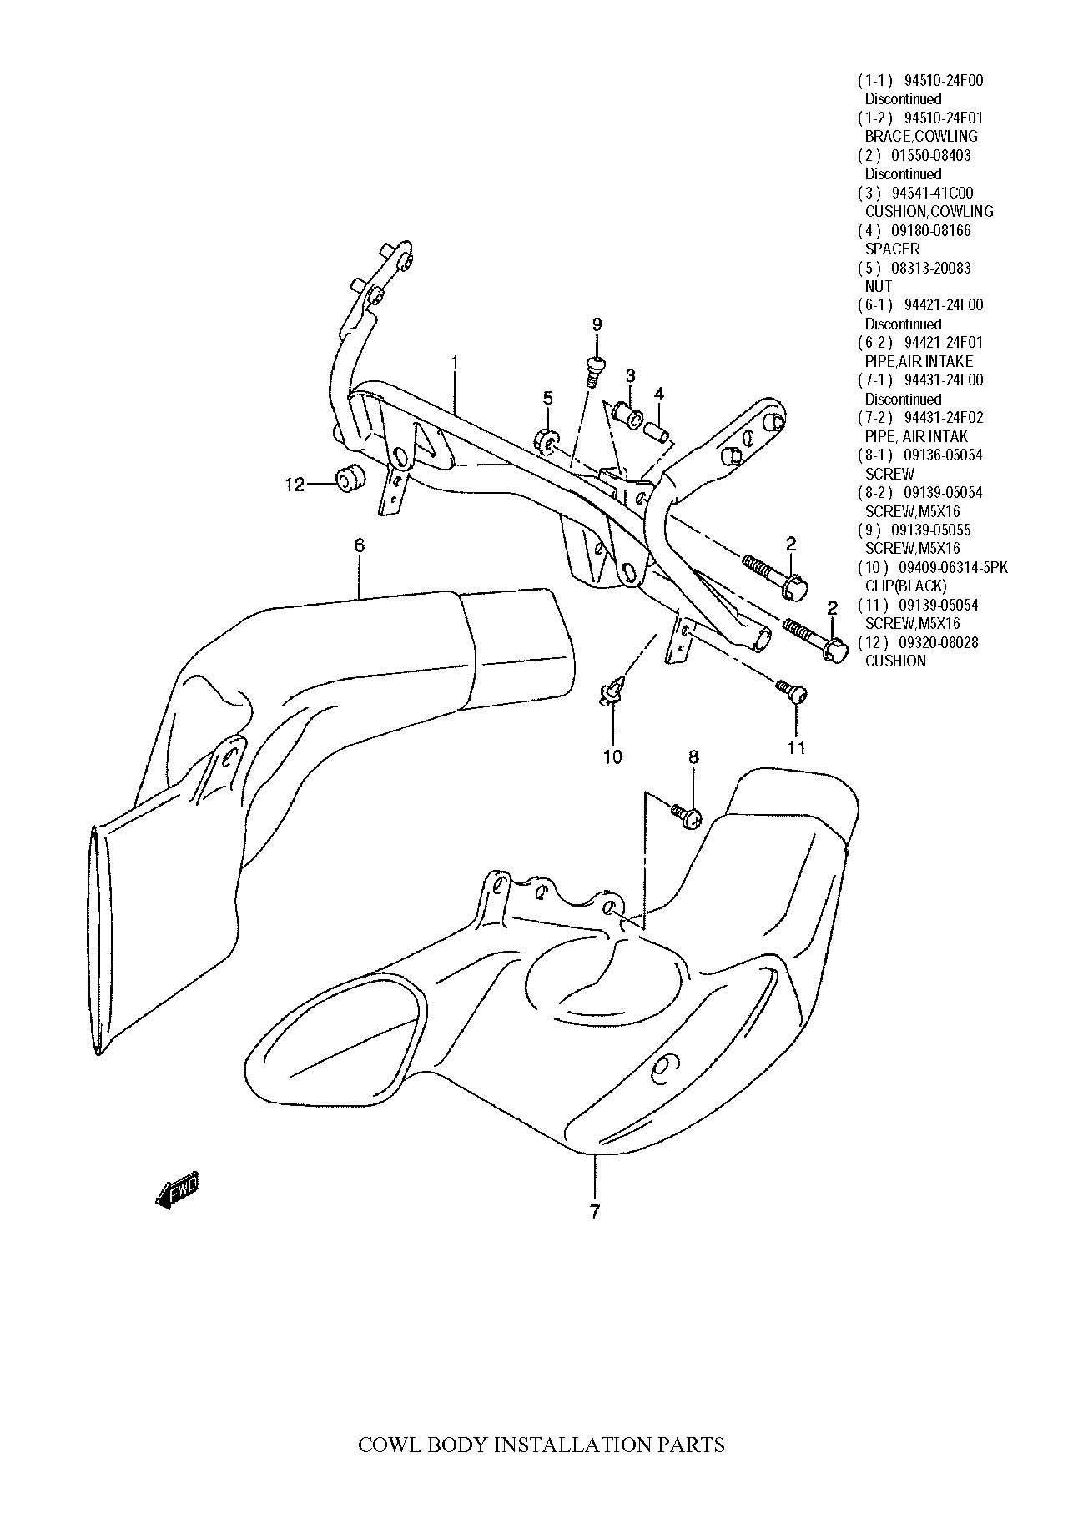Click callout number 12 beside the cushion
coord(295,484)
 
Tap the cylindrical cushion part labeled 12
coord(350,478)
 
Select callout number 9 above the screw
coord(597,324)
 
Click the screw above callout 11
coord(791,691)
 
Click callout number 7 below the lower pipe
coord(594,1212)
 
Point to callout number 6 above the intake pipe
coord(359,545)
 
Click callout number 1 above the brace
coord(454,363)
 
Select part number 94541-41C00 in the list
coord(938,194)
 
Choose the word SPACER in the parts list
coord(892,249)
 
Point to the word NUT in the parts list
coord(879,286)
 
